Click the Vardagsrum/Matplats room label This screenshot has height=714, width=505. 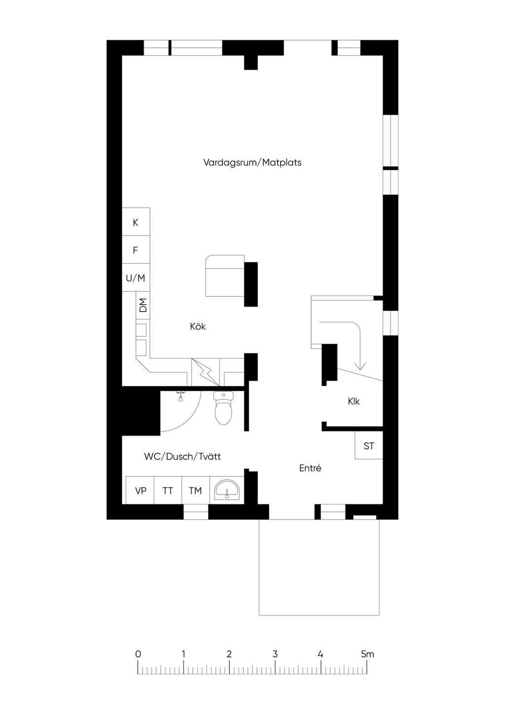click(252, 163)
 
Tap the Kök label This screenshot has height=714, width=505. click(198, 326)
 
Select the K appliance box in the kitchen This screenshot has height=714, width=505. click(136, 222)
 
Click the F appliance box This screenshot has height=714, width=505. click(136, 250)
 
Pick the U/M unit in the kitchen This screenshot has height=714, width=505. click(136, 277)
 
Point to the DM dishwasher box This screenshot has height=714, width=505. click(143, 305)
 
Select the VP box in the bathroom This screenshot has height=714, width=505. click(140, 490)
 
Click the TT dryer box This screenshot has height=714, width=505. click(168, 490)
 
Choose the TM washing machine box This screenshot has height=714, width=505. click(195, 490)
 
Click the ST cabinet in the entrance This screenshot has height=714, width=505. click(369, 445)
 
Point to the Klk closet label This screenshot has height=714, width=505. click(354, 401)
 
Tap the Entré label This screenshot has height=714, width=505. click(310, 468)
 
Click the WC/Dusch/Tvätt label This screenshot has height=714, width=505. click(182, 457)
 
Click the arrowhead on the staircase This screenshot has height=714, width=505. click(361, 366)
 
